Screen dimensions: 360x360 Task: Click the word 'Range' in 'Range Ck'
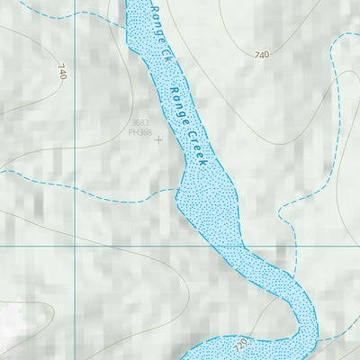coord(157,22)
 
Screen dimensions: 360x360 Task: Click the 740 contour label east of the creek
coord(262,56)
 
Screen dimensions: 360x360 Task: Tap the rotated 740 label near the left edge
coord(61,72)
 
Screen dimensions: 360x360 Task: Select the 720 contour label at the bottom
coord(239,345)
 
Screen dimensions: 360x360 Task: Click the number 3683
coord(139,122)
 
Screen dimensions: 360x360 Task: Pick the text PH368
coord(140,132)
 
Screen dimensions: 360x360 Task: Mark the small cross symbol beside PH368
coord(159,139)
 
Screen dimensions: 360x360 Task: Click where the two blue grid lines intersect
coord(74,245)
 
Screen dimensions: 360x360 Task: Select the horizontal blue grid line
coord(135,245)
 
